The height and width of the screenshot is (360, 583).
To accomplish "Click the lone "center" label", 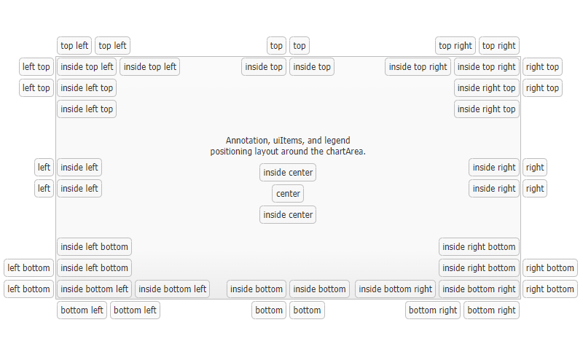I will (x=288, y=194).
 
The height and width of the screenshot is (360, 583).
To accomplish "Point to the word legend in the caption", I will (x=336, y=141).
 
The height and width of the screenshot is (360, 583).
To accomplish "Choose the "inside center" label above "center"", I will (x=288, y=173).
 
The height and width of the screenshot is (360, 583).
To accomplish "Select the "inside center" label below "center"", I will (x=288, y=215).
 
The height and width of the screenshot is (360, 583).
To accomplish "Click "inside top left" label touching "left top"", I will (x=87, y=67).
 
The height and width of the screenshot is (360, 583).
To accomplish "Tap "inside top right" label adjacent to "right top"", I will (x=487, y=67).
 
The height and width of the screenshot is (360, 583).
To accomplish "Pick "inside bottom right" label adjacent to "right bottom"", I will (x=479, y=289).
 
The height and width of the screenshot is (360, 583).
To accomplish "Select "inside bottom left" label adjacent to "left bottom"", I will (x=95, y=289).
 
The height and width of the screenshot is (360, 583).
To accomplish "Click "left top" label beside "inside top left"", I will (x=36, y=67).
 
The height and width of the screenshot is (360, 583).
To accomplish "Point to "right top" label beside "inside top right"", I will (x=542, y=67).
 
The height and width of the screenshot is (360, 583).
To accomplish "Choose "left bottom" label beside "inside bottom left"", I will (x=28, y=289).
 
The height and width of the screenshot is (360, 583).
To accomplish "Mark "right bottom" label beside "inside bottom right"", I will (x=549, y=289).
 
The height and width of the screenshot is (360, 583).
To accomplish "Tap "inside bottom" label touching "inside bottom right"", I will (x=319, y=289).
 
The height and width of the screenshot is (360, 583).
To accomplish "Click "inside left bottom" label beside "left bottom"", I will (x=94, y=268).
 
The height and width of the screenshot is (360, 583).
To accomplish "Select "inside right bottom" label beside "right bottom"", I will (x=479, y=268).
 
